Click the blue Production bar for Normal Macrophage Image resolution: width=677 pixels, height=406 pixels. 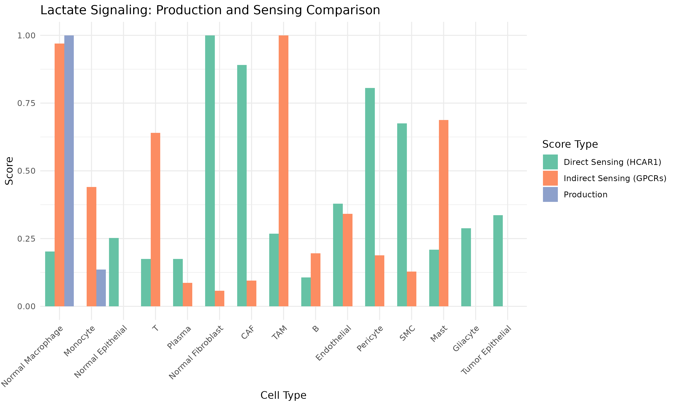[x=69, y=171]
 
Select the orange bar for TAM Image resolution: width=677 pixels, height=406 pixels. [x=283, y=171]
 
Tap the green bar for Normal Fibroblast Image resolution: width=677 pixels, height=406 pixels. [x=210, y=171]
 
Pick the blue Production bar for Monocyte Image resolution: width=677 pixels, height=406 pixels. [x=101, y=288]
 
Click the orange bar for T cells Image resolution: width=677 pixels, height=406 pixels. [x=155, y=219]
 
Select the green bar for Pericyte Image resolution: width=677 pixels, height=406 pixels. [x=370, y=197]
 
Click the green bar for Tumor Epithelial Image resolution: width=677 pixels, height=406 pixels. [x=498, y=261]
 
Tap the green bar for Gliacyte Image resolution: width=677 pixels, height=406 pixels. [x=466, y=267]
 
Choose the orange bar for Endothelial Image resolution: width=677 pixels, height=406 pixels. [x=348, y=260]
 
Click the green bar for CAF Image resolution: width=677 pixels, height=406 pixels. [x=242, y=185]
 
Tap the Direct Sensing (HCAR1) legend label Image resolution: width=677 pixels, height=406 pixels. [x=612, y=162]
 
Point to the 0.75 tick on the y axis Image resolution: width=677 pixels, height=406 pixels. [x=27, y=103]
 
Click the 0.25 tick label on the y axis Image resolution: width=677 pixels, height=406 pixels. [x=27, y=239]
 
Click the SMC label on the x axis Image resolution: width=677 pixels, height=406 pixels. [x=408, y=333]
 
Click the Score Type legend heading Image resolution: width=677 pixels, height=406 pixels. [x=570, y=144]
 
